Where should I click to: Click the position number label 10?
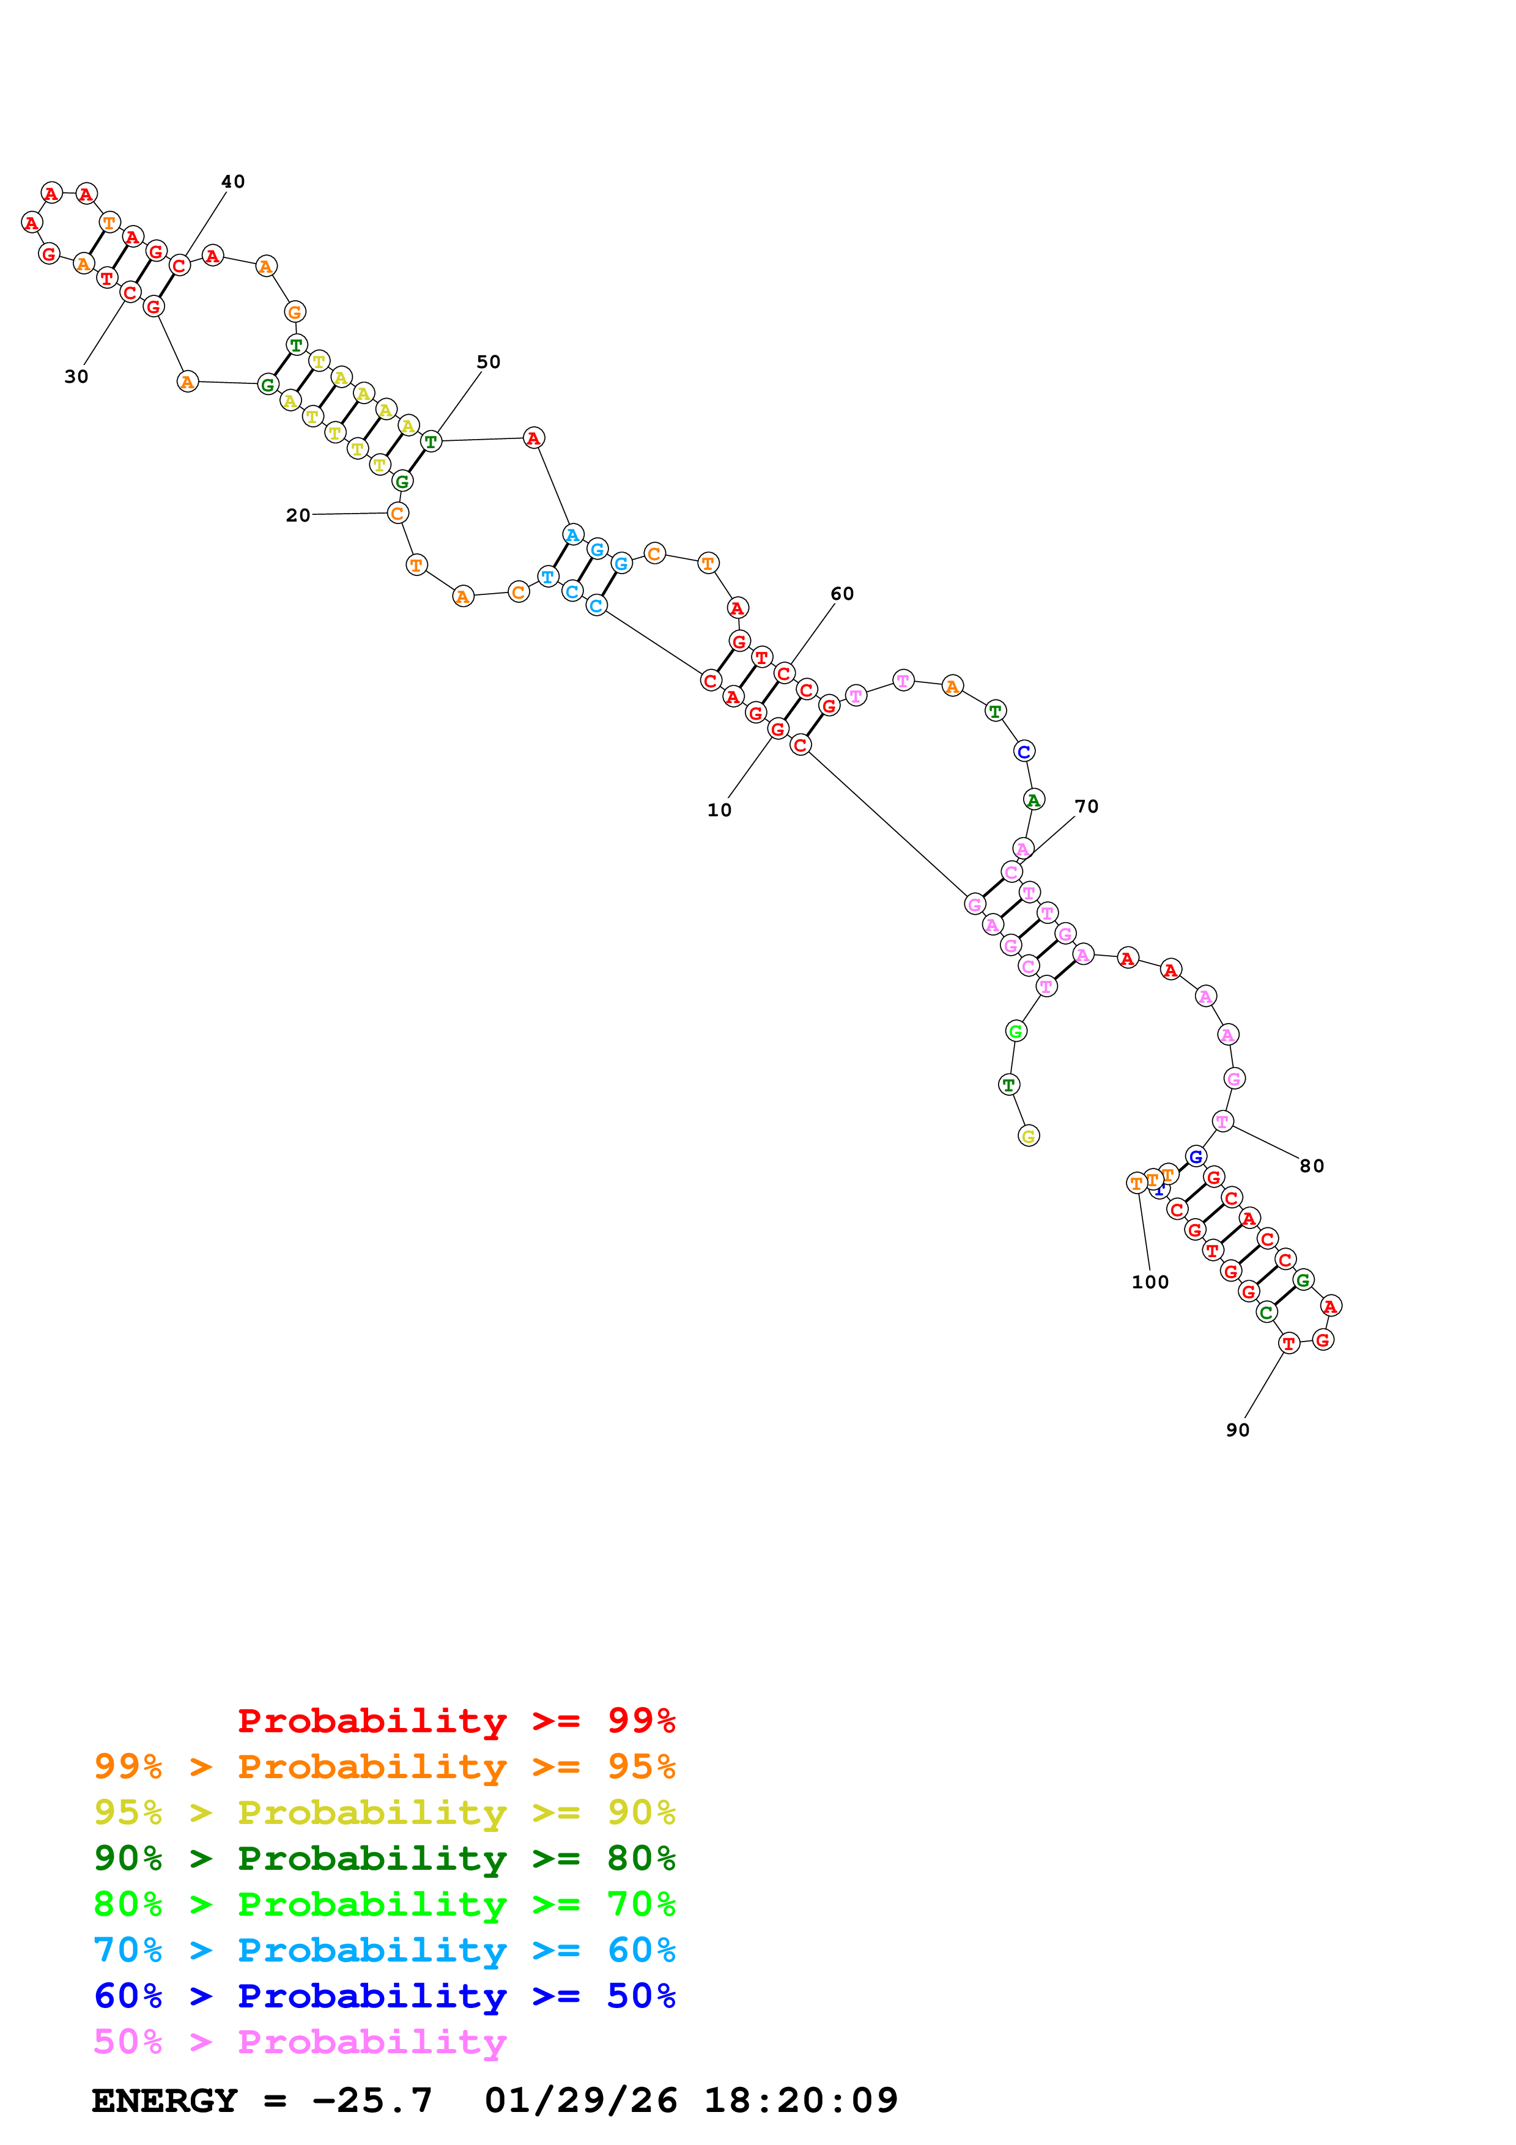click(x=719, y=810)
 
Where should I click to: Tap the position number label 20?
click(x=298, y=515)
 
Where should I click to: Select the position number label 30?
click(x=76, y=377)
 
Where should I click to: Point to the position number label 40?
click(x=232, y=181)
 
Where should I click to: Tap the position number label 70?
click(x=1086, y=807)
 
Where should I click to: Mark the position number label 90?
click(x=1238, y=1430)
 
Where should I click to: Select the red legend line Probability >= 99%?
click(x=456, y=1720)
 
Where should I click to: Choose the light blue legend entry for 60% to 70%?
click(x=384, y=1950)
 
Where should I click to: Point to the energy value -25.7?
click(x=372, y=2100)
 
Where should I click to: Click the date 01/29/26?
click(x=580, y=2100)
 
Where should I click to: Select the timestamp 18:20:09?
click(x=801, y=2100)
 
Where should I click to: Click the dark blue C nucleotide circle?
click(x=1024, y=751)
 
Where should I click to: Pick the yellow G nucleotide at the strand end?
click(x=1029, y=1136)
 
